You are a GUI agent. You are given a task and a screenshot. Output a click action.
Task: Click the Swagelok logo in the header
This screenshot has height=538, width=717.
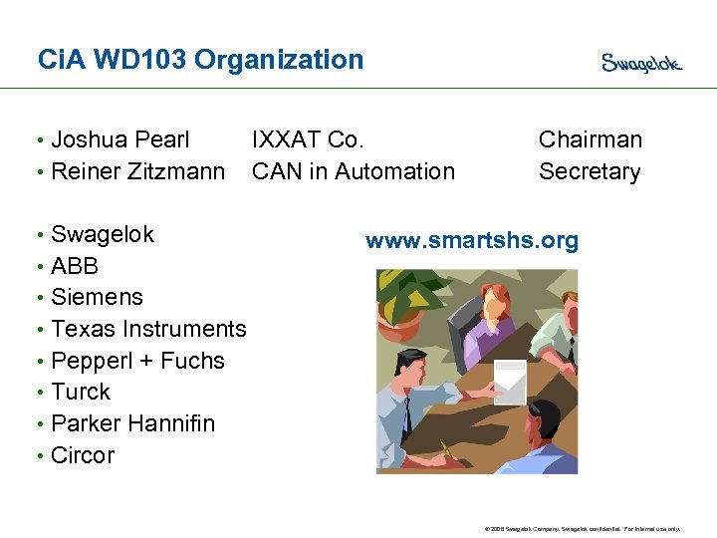point(641,63)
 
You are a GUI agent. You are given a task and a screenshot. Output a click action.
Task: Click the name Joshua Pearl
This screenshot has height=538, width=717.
point(119,139)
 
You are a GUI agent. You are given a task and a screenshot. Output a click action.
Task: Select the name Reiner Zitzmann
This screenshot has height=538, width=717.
point(137,171)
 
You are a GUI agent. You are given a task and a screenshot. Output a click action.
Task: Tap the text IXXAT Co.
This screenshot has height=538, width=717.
point(308,139)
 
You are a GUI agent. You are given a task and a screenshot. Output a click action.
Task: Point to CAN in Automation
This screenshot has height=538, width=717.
point(354,171)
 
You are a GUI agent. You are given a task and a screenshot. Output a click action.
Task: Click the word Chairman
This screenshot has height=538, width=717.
point(591,139)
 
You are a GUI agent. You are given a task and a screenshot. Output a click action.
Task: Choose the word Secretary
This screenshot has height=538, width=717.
point(590,171)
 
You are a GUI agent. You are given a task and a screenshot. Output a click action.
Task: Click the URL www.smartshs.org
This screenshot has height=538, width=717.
point(472,241)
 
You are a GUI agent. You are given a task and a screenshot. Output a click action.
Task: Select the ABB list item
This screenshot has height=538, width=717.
point(75,266)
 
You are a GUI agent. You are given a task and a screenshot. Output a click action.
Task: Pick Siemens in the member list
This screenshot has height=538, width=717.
point(97,297)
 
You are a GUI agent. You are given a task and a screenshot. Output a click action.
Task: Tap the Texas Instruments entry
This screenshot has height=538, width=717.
point(148,329)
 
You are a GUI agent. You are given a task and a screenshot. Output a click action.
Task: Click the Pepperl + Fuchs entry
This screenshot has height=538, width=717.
point(137,361)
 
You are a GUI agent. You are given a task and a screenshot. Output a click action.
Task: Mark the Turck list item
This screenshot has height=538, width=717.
point(81,392)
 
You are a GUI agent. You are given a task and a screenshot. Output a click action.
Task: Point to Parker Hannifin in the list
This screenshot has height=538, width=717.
point(132,423)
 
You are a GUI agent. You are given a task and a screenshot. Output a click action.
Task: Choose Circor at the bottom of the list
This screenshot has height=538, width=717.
point(83,455)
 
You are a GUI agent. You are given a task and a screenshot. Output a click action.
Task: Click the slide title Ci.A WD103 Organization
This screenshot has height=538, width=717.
point(200,60)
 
